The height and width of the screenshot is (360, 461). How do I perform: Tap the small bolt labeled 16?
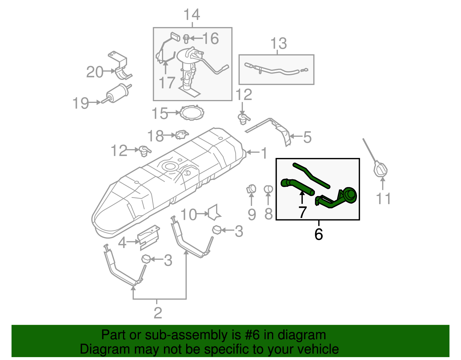click(186, 39)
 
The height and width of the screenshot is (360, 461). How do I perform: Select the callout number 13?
click(278, 44)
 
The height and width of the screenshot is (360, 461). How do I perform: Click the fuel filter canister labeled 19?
click(117, 93)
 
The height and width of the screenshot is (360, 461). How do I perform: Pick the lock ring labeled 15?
click(192, 113)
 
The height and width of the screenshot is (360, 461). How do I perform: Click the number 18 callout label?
click(155, 136)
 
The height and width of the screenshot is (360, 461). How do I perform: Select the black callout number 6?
click(318, 234)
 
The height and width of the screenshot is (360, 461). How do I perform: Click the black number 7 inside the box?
click(302, 212)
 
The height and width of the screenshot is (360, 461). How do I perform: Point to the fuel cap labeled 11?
click(381, 170)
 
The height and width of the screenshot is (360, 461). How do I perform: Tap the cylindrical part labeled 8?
click(269, 189)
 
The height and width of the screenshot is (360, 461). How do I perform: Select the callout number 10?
click(188, 215)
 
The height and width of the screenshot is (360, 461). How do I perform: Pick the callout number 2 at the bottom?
click(158, 313)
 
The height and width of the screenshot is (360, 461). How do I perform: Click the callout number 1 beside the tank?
click(264, 153)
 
